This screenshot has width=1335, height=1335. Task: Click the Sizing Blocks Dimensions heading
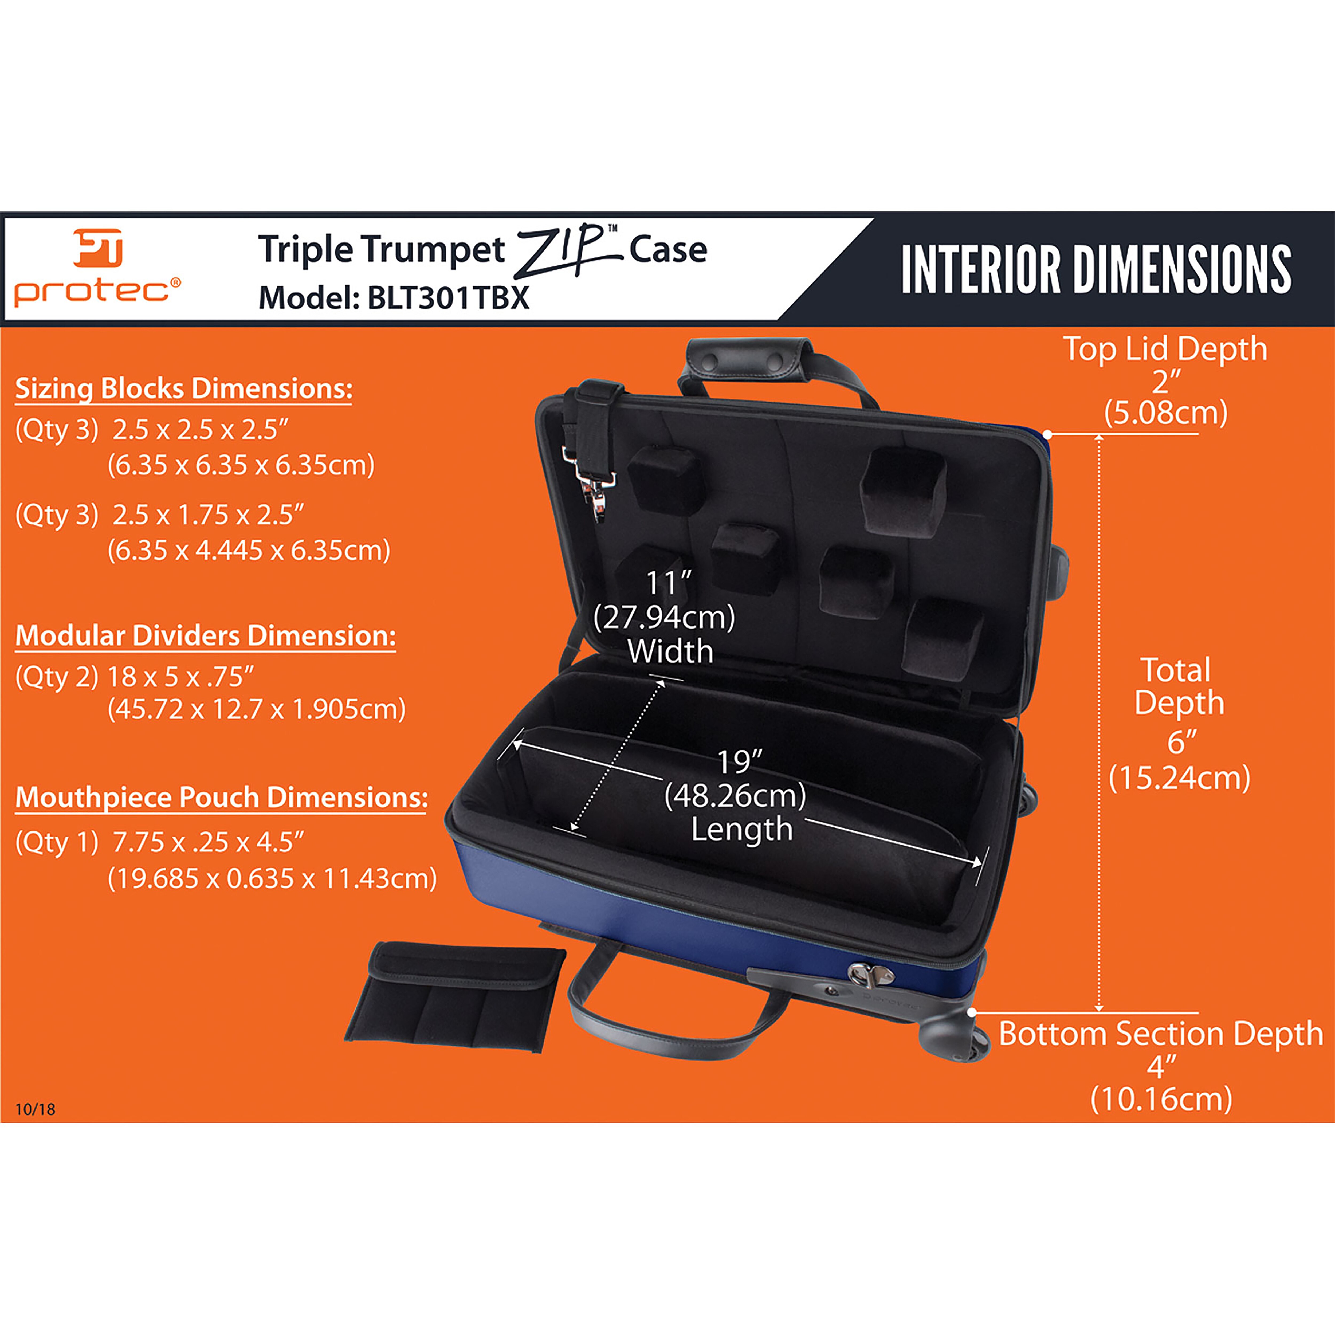[x=184, y=389]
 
